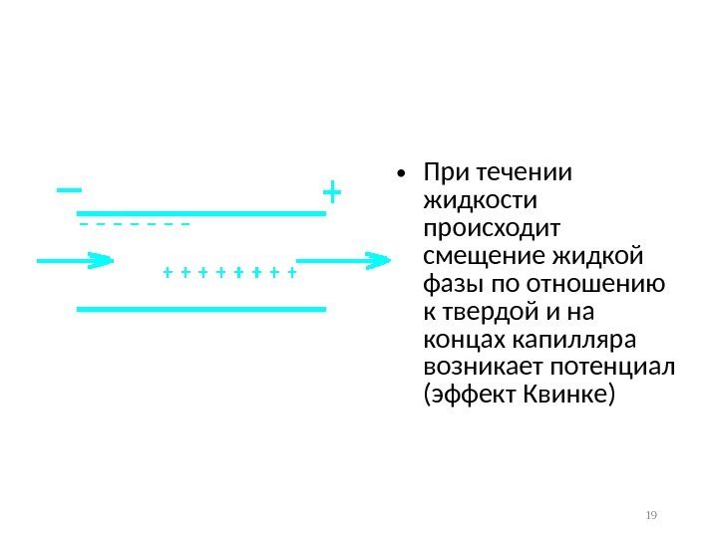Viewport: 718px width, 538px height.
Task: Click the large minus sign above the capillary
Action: [x=70, y=188]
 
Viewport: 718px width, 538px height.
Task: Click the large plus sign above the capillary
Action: [x=331, y=189]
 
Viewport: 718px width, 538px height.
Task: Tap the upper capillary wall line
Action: [x=201, y=212]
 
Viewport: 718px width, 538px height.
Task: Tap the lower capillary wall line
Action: [x=201, y=309]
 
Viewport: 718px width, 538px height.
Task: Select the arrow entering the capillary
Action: [x=76, y=262]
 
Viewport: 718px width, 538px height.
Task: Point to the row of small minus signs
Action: [x=134, y=224]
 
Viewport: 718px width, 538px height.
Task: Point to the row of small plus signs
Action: [x=229, y=271]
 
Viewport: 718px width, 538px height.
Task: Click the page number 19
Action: [x=652, y=515]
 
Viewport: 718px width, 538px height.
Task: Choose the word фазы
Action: [x=450, y=285]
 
